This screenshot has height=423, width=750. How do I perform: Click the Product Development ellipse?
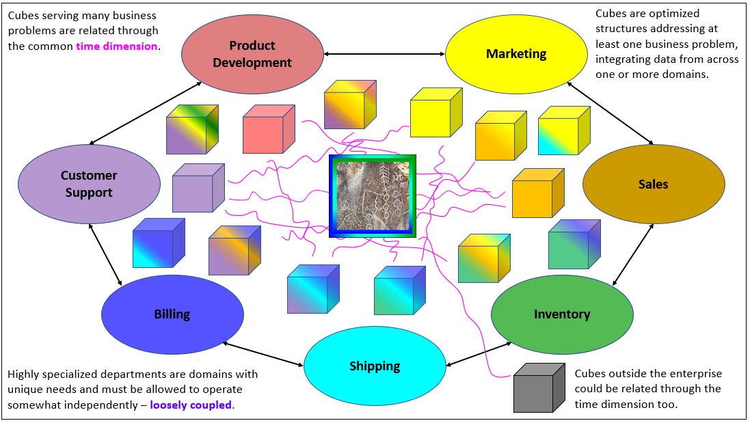[x=252, y=54]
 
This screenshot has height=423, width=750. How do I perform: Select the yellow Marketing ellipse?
[x=516, y=54]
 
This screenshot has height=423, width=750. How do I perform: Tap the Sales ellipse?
[x=653, y=184]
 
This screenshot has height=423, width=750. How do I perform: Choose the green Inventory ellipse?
[x=562, y=314]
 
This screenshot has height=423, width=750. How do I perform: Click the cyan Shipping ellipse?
[x=375, y=366]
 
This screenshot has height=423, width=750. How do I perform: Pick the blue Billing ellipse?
[x=172, y=314]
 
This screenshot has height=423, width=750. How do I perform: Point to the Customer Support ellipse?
[x=89, y=184]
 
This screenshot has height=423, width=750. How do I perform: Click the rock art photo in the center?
[x=372, y=196]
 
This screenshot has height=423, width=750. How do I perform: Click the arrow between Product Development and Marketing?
[x=384, y=53]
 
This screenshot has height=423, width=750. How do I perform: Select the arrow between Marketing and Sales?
[x=610, y=113]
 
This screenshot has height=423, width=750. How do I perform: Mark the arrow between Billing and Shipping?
[x=263, y=354]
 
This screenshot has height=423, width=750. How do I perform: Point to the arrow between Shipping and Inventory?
[x=479, y=353]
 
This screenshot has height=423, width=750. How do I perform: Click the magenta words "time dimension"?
[x=117, y=46]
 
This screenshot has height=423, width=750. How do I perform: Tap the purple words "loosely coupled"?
[x=191, y=405]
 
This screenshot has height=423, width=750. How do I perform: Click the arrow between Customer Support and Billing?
[x=105, y=254]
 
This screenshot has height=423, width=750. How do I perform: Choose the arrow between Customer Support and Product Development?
[x=146, y=113]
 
